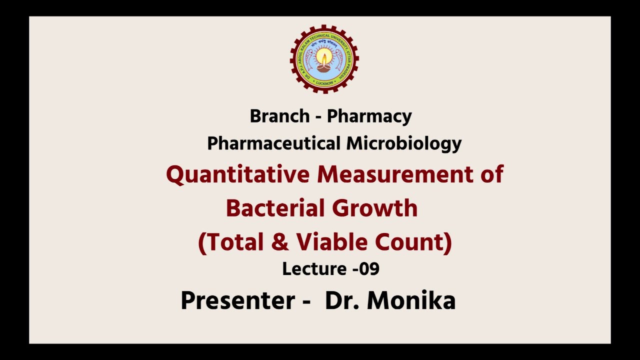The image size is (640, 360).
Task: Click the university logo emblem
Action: coord(324,59)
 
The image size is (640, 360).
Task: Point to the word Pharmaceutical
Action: coord(274,143)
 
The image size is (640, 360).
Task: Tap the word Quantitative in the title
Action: coord(237,175)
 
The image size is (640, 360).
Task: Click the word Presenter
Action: coord(237,301)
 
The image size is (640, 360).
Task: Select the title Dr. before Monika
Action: coord(342,301)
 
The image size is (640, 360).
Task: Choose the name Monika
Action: coord(411,301)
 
